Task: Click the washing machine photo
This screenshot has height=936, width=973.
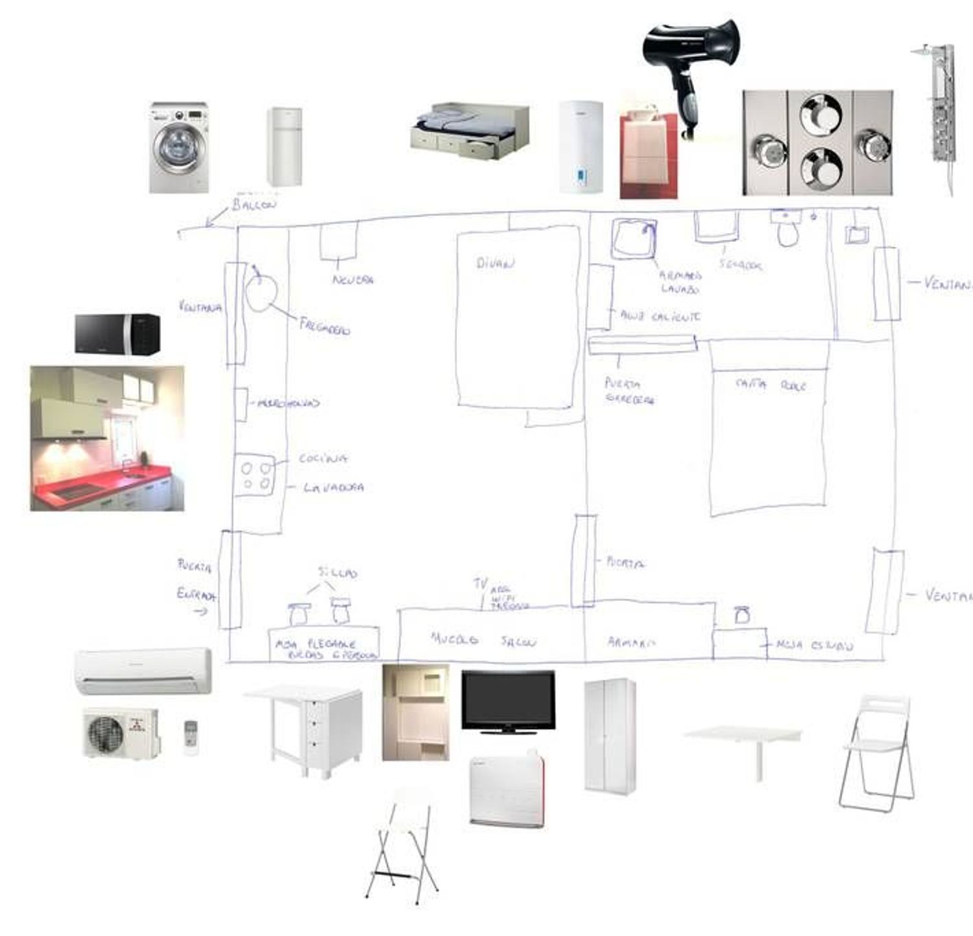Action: click(179, 147)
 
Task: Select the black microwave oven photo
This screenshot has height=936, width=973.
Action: click(117, 334)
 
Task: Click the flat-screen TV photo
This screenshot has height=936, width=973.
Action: click(508, 702)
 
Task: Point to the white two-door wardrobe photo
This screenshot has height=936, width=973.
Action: click(610, 736)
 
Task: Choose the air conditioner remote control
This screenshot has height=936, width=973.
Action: click(191, 738)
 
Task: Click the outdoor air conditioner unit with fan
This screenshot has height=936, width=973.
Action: click(121, 733)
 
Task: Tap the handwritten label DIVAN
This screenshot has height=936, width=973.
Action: click(496, 263)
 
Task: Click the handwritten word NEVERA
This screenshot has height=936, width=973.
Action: click(353, 280)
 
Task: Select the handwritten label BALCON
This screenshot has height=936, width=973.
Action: click(254, 205)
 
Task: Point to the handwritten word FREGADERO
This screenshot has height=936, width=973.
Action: click(324, 326)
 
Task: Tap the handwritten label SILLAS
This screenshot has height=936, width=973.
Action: click(337, 573)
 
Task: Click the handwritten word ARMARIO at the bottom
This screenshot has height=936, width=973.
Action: click(631, 642)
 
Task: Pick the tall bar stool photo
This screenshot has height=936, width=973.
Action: click(402, 846)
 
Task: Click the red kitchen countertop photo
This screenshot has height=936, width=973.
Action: click(107, 438)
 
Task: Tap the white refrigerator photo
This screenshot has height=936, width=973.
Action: click(284, 147)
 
